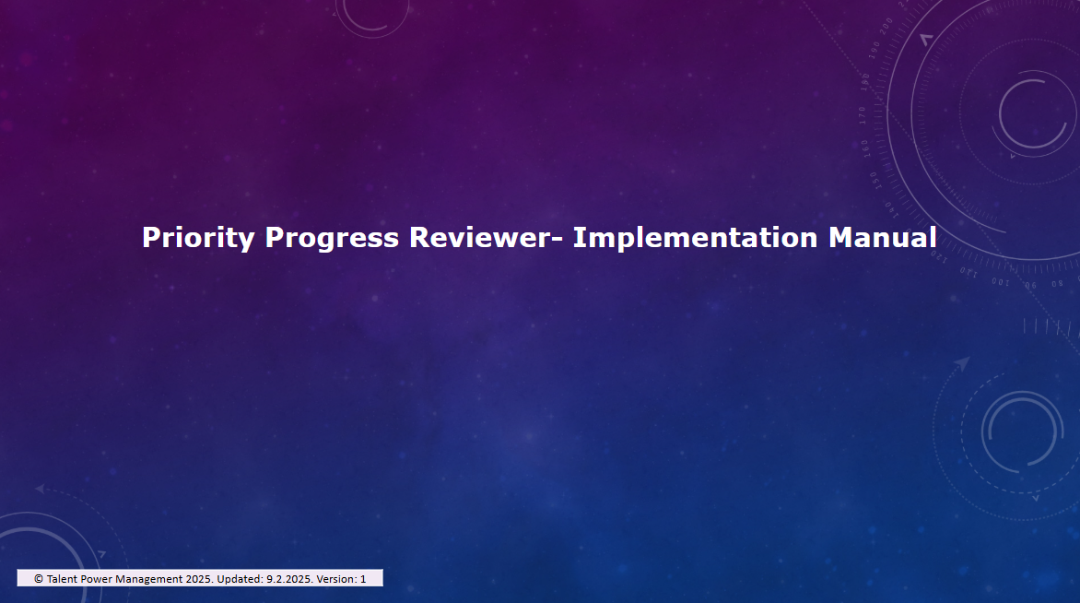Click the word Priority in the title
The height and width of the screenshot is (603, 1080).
pos(198,239)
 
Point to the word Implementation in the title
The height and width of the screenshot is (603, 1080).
pos(695,239)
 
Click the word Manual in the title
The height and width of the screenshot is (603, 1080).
pos(882,237)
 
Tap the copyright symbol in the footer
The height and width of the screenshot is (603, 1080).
pos(39,579)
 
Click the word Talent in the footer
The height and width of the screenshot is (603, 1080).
pos(62,579)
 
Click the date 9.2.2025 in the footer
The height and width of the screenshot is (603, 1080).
pos(289,579)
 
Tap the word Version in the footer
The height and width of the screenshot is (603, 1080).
pos(336,579)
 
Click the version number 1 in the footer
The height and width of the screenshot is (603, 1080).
pos(363,579)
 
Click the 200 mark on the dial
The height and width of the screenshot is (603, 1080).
pos(886,26)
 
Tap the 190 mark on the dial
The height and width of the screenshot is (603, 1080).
pos(875,51)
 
